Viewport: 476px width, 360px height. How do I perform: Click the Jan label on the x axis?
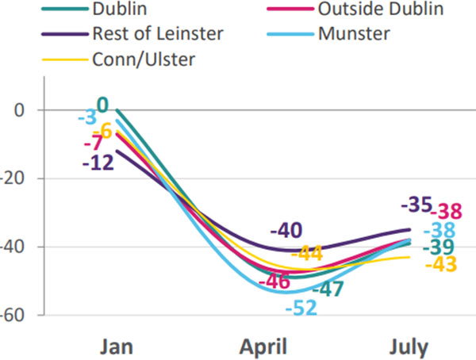tap(117, 347)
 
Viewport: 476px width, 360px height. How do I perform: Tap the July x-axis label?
tap(409, 347)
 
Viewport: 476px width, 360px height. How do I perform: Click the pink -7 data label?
tap(94, 144)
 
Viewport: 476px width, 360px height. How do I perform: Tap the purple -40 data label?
tap(286, 232)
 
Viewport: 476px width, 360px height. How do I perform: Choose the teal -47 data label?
tap(326, 289)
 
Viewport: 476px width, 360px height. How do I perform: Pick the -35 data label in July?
tap(416, 205)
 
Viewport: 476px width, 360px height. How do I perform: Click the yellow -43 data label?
tap(440, 264)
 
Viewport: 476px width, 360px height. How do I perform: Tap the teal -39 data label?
tap(437, 247)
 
